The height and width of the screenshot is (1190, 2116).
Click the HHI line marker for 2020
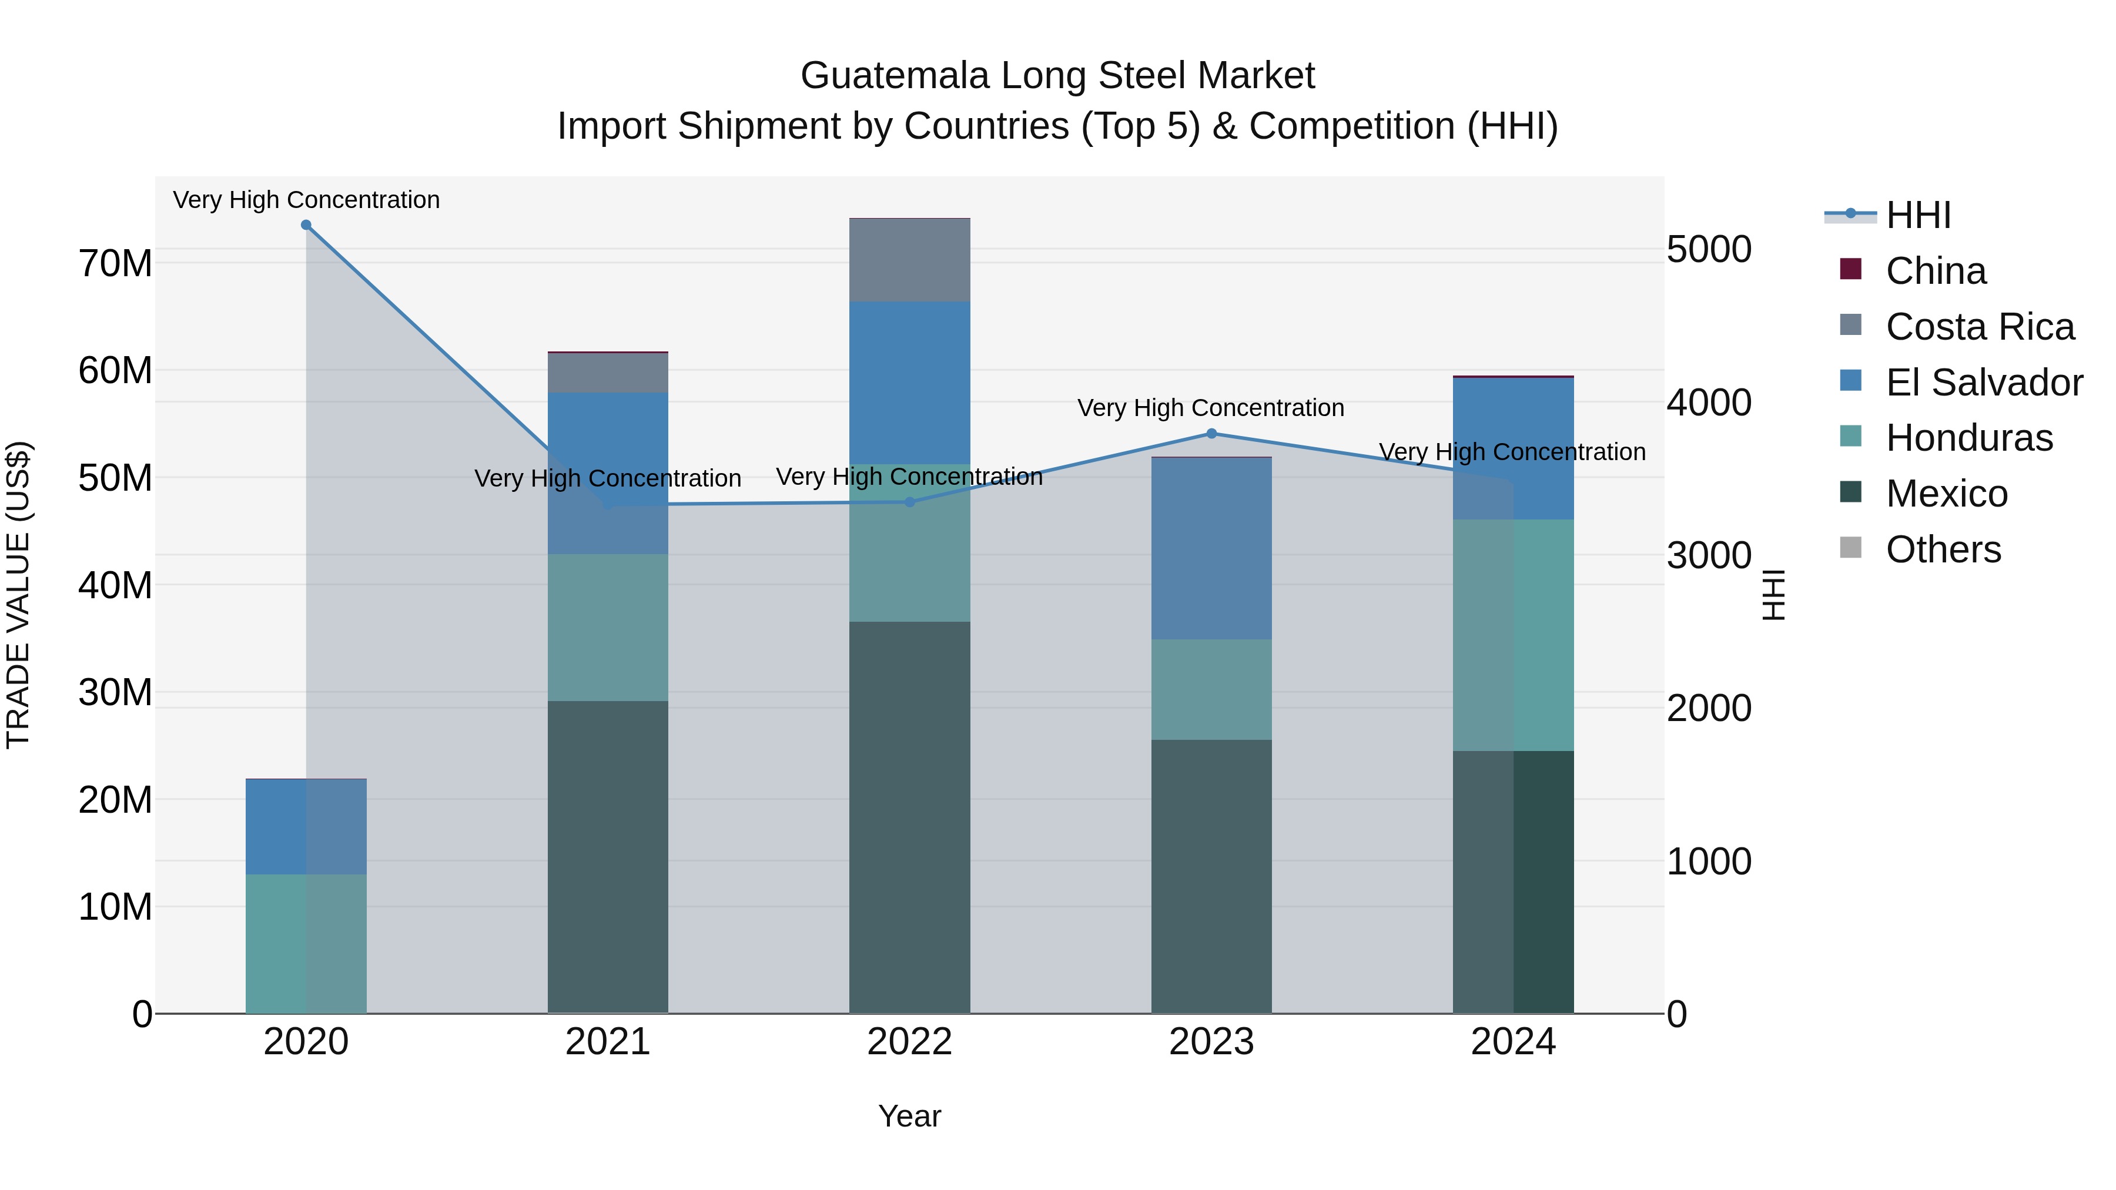tap(306, 225)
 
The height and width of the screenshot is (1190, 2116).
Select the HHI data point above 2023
tap(1211, 434)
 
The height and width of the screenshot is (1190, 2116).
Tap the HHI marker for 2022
tap(909, 502)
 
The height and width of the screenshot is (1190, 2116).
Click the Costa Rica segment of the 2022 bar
tap(909, 260)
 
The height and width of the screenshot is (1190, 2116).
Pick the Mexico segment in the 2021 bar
tap(608, 857)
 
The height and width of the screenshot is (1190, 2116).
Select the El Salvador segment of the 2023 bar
tap(1211, 549)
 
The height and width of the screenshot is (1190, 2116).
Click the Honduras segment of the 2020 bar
tap(306, 944)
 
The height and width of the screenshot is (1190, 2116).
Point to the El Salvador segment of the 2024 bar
tap(1513, 448)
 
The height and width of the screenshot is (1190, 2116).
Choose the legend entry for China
tap(1936, 271)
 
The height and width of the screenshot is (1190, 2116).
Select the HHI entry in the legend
tap(1918, 215)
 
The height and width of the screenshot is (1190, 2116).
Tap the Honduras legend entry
tap(1969, 438)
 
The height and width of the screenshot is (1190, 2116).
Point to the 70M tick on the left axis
tap(115, 264)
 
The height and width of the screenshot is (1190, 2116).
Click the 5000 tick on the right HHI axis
tap(1709, 250)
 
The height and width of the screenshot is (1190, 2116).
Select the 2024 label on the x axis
tap(1513, 1042)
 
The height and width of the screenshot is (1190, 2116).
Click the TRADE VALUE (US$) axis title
tap(18, 595)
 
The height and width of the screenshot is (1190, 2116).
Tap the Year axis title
tap(909, 1116)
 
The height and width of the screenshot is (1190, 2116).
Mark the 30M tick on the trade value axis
tap(115, 692)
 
